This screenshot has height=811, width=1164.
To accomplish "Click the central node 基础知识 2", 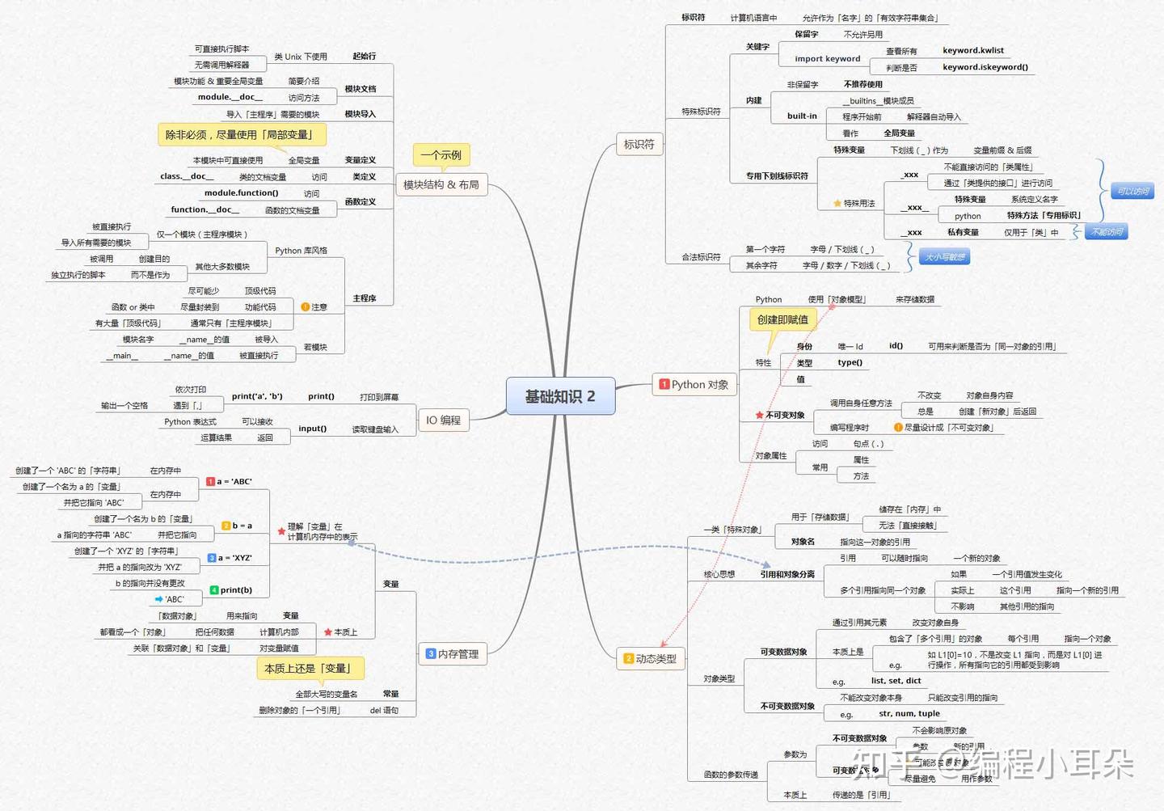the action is [x=560, y=396].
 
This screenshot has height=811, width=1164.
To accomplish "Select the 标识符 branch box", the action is [x=639, y=144].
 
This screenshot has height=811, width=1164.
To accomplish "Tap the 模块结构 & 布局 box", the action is [x=441, y=184].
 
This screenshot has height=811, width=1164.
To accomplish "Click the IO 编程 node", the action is [x=443, y=420].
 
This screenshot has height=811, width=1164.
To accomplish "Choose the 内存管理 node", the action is [x=453, y=654].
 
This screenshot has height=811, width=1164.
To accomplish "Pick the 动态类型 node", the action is [x=651, y=658].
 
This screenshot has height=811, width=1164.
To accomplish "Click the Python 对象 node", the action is [x=694, y=384].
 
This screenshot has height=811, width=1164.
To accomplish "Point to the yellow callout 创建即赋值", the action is [x=782, y=319].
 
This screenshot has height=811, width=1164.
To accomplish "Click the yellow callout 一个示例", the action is [x=441, y=154].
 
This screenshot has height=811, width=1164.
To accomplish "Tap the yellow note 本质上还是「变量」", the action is [x=310, y=668].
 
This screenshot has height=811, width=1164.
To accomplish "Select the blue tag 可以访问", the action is [x=1132, y=192].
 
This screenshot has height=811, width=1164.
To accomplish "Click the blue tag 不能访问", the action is [x=1107, y=232].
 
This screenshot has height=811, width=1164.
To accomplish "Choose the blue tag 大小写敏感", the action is [x=944, y=257].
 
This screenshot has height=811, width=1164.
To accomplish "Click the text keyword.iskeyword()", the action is [x=985, y=67].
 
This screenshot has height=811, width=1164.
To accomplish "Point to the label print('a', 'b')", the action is [x=257, y=396].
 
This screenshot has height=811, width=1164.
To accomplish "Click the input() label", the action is [x=312, y=429].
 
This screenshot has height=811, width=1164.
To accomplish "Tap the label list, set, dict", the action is [x=896, y=681].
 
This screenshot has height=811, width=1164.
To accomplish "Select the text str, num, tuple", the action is [x=909, y=714].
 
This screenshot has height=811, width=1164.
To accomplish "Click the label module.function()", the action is [x=241, y=193].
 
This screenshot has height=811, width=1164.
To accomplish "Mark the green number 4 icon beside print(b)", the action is [x=214, y=590].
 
